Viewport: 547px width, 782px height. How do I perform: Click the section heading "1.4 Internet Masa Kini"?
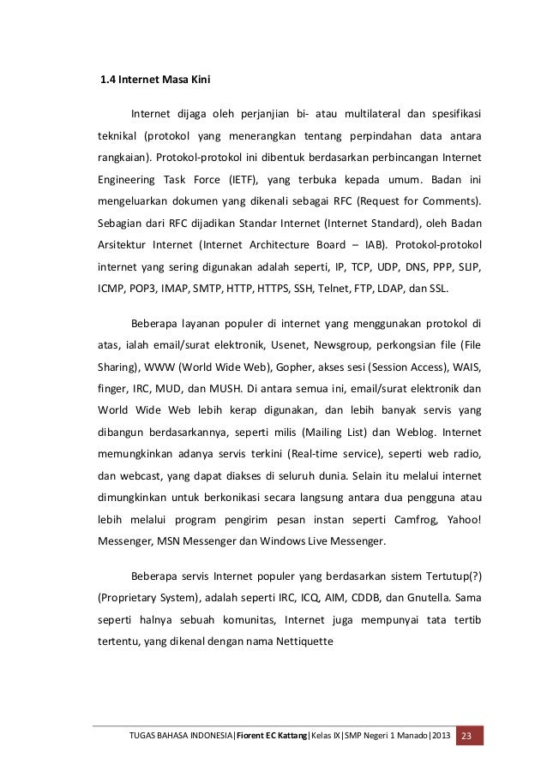tap(150, 81)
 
